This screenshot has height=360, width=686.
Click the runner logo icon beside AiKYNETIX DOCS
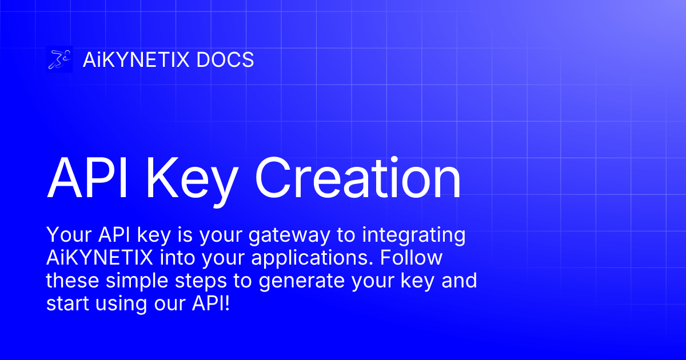59,59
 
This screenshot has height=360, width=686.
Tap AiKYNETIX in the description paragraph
99,258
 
